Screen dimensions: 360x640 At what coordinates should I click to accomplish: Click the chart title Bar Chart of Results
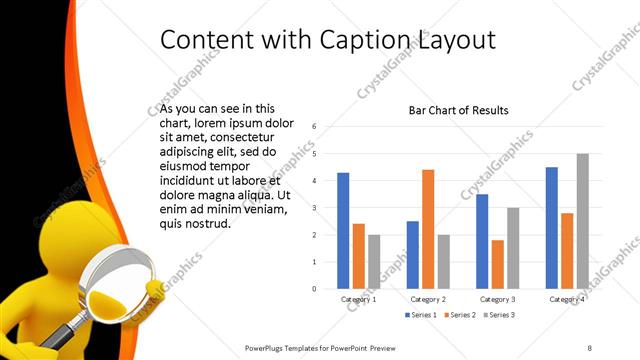pyautogui.click(x=459, y=110)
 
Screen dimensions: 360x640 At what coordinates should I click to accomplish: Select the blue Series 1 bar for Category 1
pyautogui.click(x=343, y=231)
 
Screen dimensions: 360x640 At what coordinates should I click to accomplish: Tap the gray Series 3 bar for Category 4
pyautogui.click(x=582, y=221)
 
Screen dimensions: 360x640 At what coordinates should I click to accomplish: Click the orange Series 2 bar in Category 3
pyautogui.click(x=497, y=264)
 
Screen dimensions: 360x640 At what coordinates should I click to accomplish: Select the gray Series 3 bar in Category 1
pyautogui.click(x=374, y=262)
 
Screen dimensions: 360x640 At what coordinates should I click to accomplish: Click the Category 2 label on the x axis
pyautogui.click(x=428, y=299)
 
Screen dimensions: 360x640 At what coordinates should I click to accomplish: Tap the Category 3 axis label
pyautogui.click(x=497, y=299)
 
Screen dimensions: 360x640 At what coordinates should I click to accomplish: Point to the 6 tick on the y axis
pyautogui.click(x=315, y=127)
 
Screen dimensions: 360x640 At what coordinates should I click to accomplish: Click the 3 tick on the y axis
pyautogui.click(x=315, y=208)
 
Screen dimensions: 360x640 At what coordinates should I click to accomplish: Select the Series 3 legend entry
pyautogui.click(x=500, y=315)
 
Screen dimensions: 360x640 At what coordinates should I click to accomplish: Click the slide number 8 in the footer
pyautogui.click(x=591, y=346)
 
